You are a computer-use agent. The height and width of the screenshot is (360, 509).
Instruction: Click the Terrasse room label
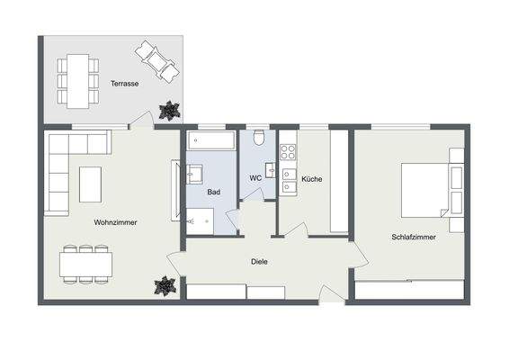coord(124,84)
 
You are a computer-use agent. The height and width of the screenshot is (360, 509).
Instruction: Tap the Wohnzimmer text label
coord(115,221)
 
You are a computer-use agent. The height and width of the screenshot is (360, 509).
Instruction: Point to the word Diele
coord(259,262)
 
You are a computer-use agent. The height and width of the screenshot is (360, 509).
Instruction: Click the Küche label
coord(311,179)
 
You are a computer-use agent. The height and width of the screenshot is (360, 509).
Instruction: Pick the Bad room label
coord(213,193)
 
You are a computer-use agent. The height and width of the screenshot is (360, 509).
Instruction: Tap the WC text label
coord(255,178)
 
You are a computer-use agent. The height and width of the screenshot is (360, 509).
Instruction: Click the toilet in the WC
coord(258,139)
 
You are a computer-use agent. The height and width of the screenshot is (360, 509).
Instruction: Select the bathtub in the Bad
coord(211,139)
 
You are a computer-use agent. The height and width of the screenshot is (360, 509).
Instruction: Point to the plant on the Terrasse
coord(167,110)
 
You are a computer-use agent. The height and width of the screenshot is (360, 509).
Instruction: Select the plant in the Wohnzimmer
coord(164,286)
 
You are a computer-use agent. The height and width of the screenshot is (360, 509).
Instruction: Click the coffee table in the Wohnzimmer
coord(91,184)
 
